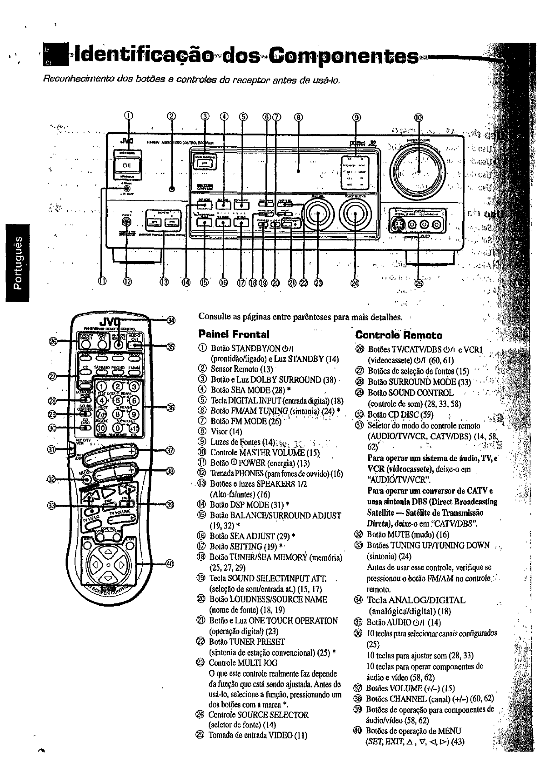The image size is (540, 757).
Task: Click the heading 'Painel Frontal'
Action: (x=234, y=334)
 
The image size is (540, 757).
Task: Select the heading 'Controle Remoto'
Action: (x=398, y=335)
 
